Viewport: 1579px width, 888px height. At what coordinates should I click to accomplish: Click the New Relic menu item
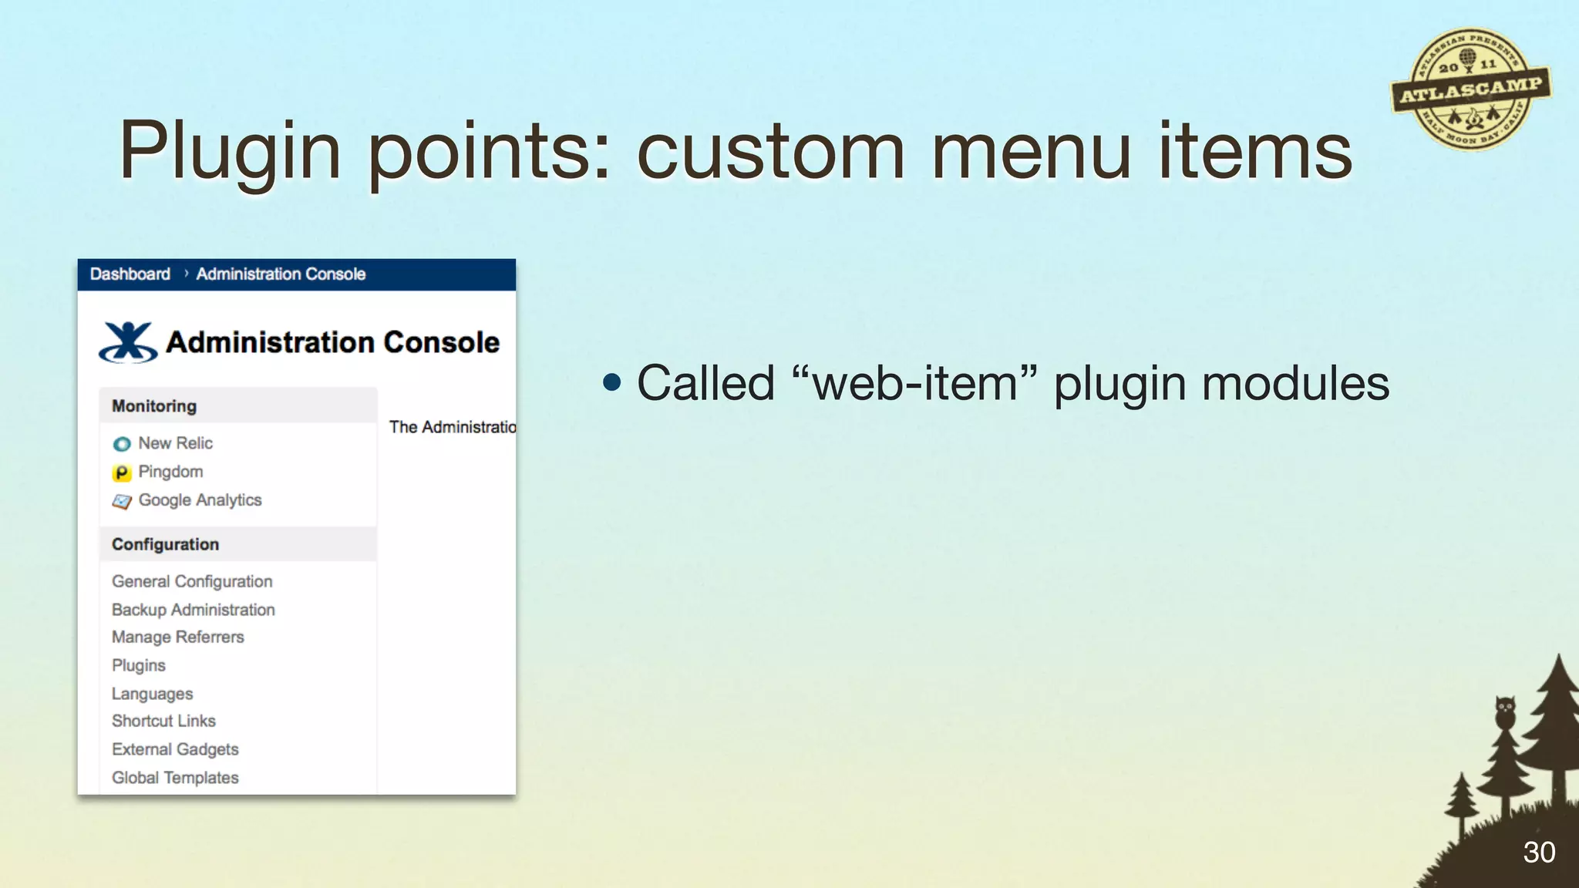[175, 443]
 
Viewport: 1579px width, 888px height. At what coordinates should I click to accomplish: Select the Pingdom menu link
[170, 472]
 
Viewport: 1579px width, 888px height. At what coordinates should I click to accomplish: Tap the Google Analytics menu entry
[200, 500]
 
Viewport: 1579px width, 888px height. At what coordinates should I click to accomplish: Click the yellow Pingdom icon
[122, 473]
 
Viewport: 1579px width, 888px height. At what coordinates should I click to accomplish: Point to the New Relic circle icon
[122, 444]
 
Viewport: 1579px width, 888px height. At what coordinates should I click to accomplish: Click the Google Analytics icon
[122, 502]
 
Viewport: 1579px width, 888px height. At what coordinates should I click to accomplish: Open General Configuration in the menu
[192, 581]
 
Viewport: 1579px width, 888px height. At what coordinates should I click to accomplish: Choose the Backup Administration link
[193, 610]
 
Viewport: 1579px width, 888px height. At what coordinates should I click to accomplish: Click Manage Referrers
[177, 637]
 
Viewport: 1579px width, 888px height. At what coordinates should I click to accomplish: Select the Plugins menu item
[139, 665]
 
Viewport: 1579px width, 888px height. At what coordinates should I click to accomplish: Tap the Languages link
[152, 694]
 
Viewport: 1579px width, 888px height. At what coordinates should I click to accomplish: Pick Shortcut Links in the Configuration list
[163, 721]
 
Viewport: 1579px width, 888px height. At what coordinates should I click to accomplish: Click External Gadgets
[175, 749]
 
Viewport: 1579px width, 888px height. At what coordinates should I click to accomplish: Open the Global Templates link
[175, 778]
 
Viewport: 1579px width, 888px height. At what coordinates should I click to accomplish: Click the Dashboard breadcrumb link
[130, 274]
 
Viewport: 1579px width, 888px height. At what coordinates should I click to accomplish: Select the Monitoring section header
[154, 406]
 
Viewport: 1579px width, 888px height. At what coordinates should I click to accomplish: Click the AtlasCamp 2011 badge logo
[1470, 89]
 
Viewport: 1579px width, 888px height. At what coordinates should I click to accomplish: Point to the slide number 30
[1539, 853]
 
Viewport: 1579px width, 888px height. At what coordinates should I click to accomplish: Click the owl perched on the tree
[1505, 711]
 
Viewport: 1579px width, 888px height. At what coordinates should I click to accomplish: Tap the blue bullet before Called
[612, 383]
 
